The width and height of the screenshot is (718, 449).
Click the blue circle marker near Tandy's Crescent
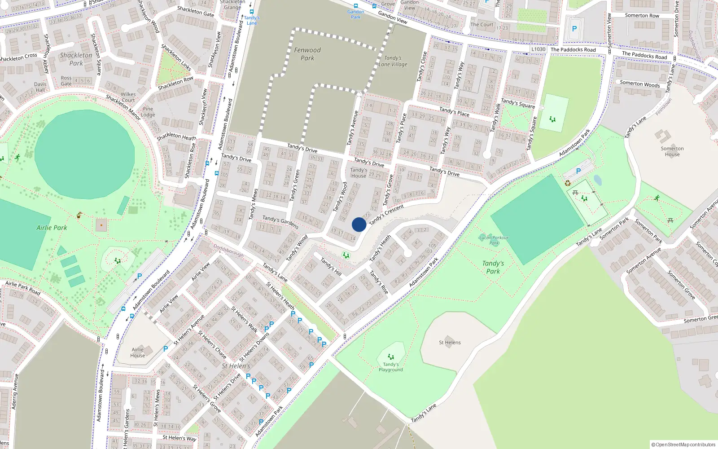359,224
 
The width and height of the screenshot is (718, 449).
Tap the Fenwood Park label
307,54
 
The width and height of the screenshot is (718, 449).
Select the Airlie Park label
52,228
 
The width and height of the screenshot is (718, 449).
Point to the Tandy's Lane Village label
393,61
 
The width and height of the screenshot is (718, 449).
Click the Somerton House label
672,151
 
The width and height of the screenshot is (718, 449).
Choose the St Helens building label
450,342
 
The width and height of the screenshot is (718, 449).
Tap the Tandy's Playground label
390,367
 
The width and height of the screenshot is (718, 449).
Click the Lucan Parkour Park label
494,240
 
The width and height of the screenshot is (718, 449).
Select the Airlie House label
138,352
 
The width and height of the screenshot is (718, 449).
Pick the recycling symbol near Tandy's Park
568,183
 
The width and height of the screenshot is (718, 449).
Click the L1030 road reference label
538,49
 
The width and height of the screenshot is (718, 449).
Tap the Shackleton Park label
76,59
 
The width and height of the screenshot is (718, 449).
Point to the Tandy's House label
359,172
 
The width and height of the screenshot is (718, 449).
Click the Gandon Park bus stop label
355,14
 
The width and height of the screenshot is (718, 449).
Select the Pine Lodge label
148,112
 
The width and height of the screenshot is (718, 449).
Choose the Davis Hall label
40,87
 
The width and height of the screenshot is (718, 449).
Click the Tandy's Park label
493,267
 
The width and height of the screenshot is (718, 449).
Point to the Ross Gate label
66,81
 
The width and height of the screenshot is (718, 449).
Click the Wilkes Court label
128,97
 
